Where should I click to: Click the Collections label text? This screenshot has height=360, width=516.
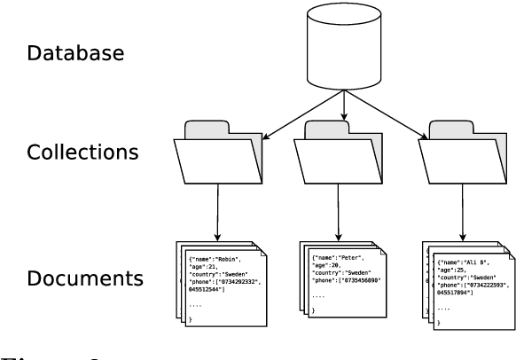(83, 152)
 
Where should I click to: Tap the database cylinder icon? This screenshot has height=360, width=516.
(344, 50)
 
